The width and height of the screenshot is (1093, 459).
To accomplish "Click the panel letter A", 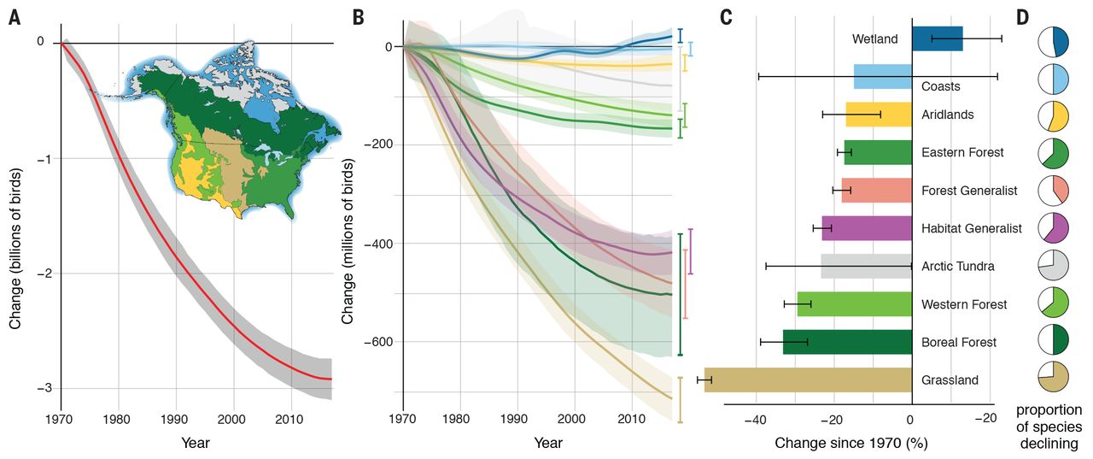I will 15,18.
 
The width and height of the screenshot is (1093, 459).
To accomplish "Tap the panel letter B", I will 358,18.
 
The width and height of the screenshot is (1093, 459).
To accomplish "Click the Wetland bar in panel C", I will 937,38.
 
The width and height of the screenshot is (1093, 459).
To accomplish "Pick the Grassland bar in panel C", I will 808,380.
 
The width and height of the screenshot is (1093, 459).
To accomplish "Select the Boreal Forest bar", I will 847,342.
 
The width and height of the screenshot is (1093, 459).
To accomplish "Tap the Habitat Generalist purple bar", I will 867,228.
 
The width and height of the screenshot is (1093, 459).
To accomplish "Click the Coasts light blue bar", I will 882,76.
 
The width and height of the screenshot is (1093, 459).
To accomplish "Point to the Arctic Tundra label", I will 957,267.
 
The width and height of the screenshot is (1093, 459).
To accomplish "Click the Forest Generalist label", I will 968,191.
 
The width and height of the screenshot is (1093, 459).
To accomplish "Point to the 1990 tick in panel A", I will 176,419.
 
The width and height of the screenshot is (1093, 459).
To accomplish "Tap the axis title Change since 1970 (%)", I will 850,444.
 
